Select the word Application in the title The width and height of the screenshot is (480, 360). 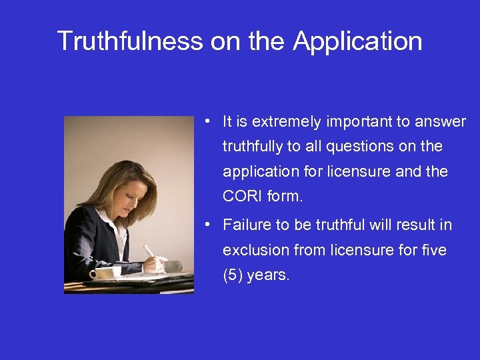pos(357,41)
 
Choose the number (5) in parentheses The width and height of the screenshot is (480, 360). pos(233,275)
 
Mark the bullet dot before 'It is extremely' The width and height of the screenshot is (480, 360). pos(209,121)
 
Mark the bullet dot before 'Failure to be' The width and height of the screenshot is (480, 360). pos(209,225)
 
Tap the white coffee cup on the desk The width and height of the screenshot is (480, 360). pos(105,272)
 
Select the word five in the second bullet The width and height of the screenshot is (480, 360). pos(434,250)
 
